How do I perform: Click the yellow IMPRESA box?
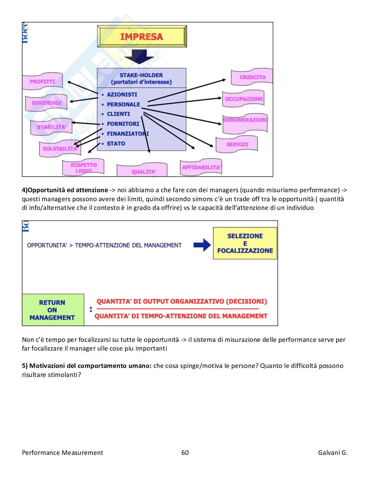142,36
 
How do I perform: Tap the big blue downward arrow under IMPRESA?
139,57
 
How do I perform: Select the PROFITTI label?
42,82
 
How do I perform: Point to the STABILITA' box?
52,127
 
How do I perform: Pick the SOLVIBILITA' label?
60,149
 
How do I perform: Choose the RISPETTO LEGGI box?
83,168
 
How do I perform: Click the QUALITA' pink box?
143,172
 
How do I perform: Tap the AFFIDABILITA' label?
201,167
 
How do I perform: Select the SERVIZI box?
237,145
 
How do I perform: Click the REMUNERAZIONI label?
245,120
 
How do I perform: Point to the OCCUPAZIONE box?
244,99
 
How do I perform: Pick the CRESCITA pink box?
252,77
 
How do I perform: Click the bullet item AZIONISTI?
122,95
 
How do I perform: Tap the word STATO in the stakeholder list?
116,144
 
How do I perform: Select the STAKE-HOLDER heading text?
141,75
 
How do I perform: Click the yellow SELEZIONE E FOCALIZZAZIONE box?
245,243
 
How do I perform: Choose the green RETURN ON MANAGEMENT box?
52,310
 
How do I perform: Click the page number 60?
185,453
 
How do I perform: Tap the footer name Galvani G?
333,453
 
